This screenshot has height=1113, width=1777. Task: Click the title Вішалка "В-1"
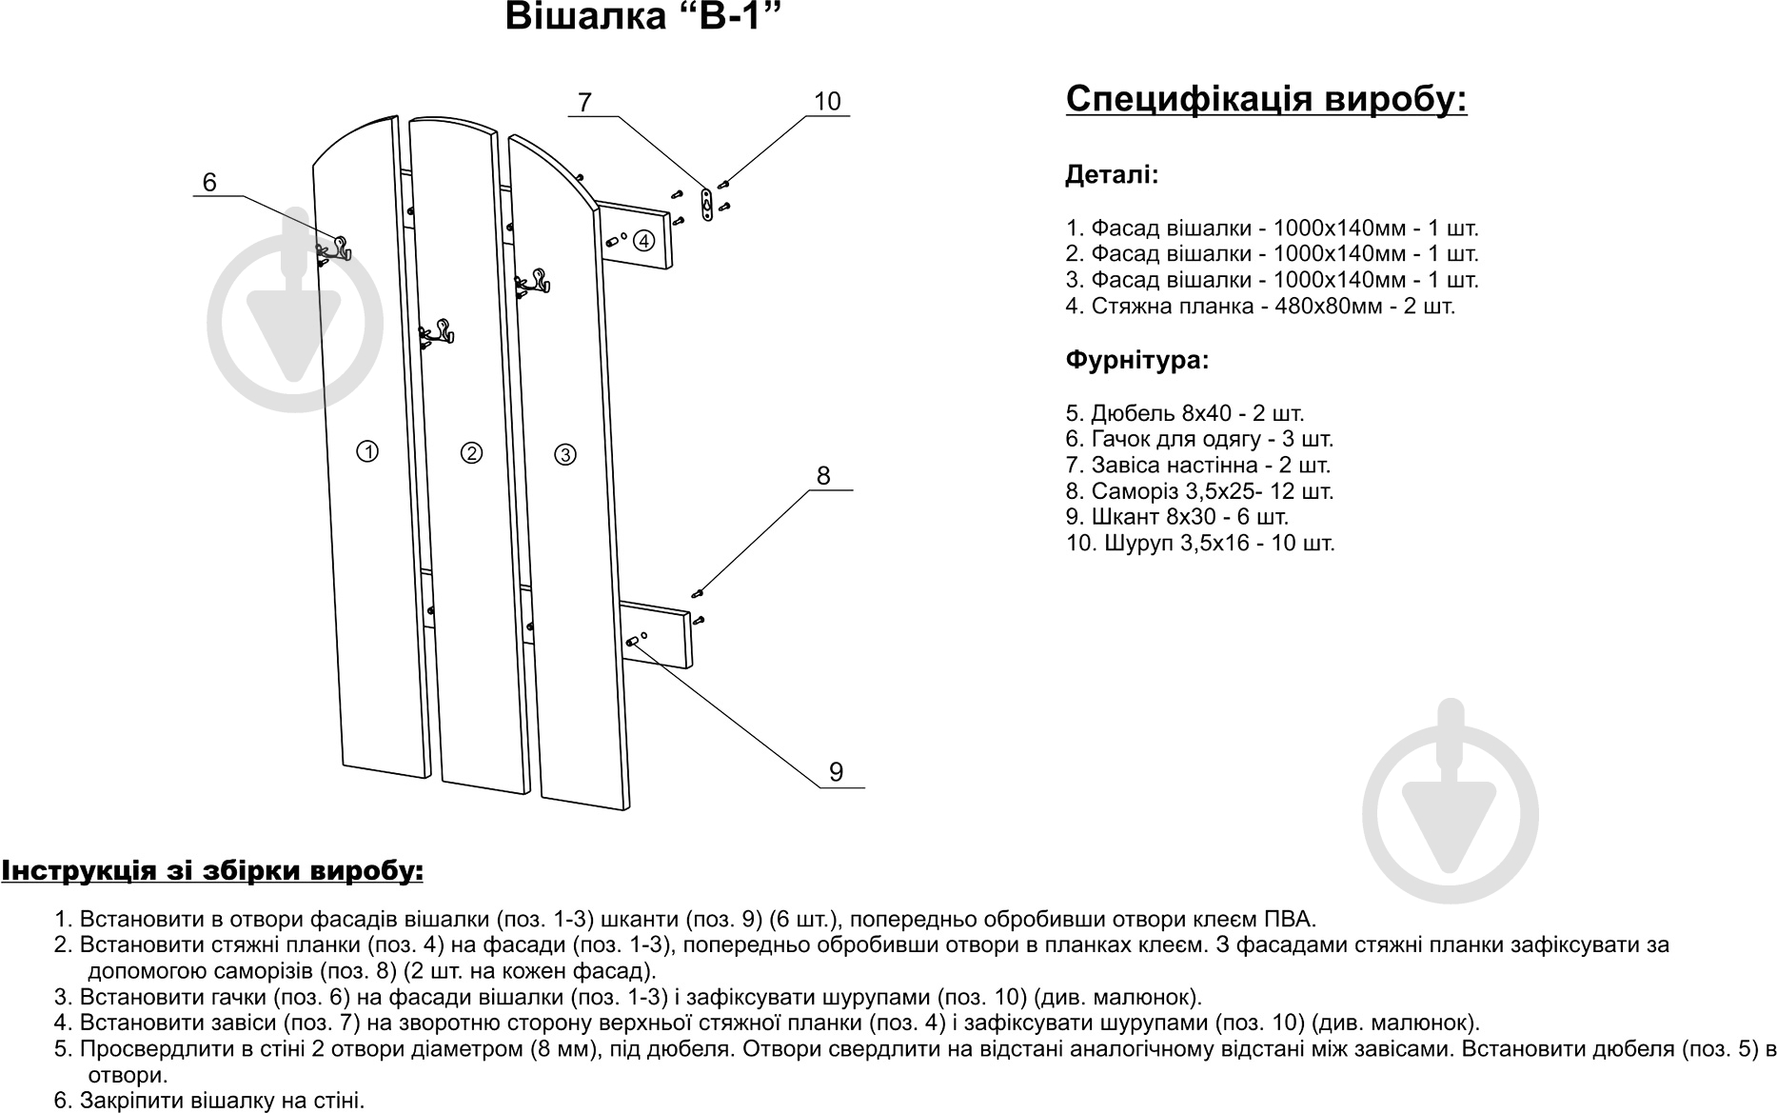pyautogui.click(x=635, y=17)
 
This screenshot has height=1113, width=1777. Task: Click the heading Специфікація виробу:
pyautogui.click(x=1266, y=99)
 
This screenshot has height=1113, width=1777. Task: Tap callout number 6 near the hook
pyautogui.click(x=210, y=182)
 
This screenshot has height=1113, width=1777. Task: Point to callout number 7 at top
pyautogui.click(x=584, y=102)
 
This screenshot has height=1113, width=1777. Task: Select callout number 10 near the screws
pyautogui.click(x=827, y=102)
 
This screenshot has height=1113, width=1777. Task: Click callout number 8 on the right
pyautogui.click(x=823, y=475)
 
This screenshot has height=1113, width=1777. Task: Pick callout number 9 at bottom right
pyautogui.click(x=836, y=771)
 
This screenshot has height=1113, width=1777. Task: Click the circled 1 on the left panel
pyautogui.click(x=367, y=451)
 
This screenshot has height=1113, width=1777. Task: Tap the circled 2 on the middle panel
pyautogui.click(x=470, y=452)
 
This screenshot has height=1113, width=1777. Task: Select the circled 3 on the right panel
pyautogui.click(x=565, y=454)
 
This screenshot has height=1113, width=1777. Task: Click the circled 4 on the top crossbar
pyautogui.click(x=644, y=240)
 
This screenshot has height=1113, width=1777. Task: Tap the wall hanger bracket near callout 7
pyautogui.click(x=706, y=204)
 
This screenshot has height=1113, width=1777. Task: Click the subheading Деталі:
pyautogui.click(x=1112, y=175)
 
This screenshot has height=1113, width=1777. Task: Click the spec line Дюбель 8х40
pyautogui.click(x=1185, y=413)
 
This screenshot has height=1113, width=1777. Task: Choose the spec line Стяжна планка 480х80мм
pyautogui.click(x=1260, y=307)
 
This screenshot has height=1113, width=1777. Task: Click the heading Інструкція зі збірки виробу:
pyautogui.click(x=212, y=871)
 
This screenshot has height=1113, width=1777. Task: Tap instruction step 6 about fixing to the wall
pyautogui.click(x=209, y=1101)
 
